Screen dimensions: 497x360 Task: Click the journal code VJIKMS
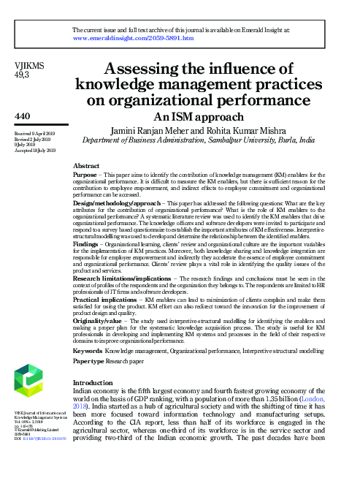click(29, 66)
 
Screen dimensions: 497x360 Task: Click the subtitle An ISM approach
click(199, 116)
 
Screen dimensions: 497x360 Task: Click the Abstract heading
click(87, 167)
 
